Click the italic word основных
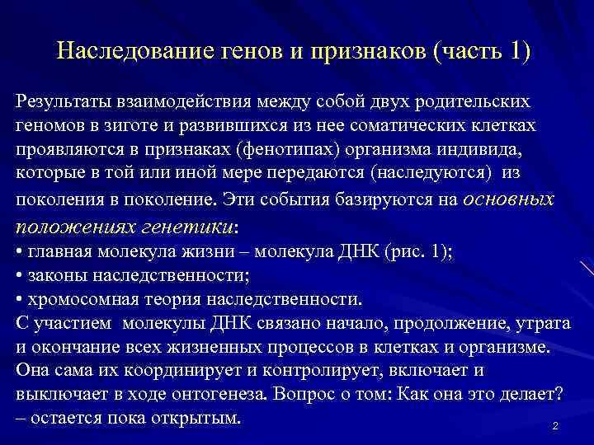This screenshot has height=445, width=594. [509, 199]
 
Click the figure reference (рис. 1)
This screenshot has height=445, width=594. [412, 252]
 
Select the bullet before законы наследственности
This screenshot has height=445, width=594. [19, 275]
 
